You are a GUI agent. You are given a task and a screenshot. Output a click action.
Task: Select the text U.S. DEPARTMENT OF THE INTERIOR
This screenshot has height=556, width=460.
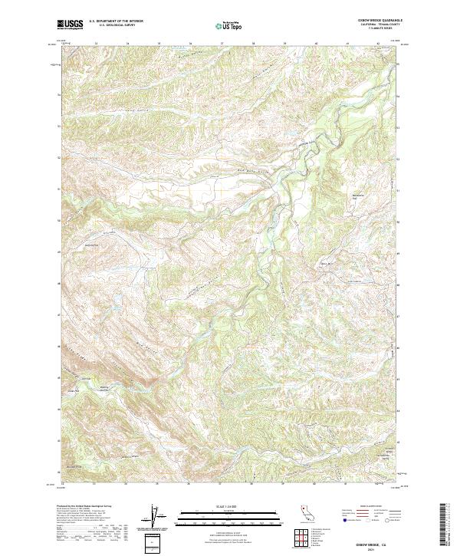116,21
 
